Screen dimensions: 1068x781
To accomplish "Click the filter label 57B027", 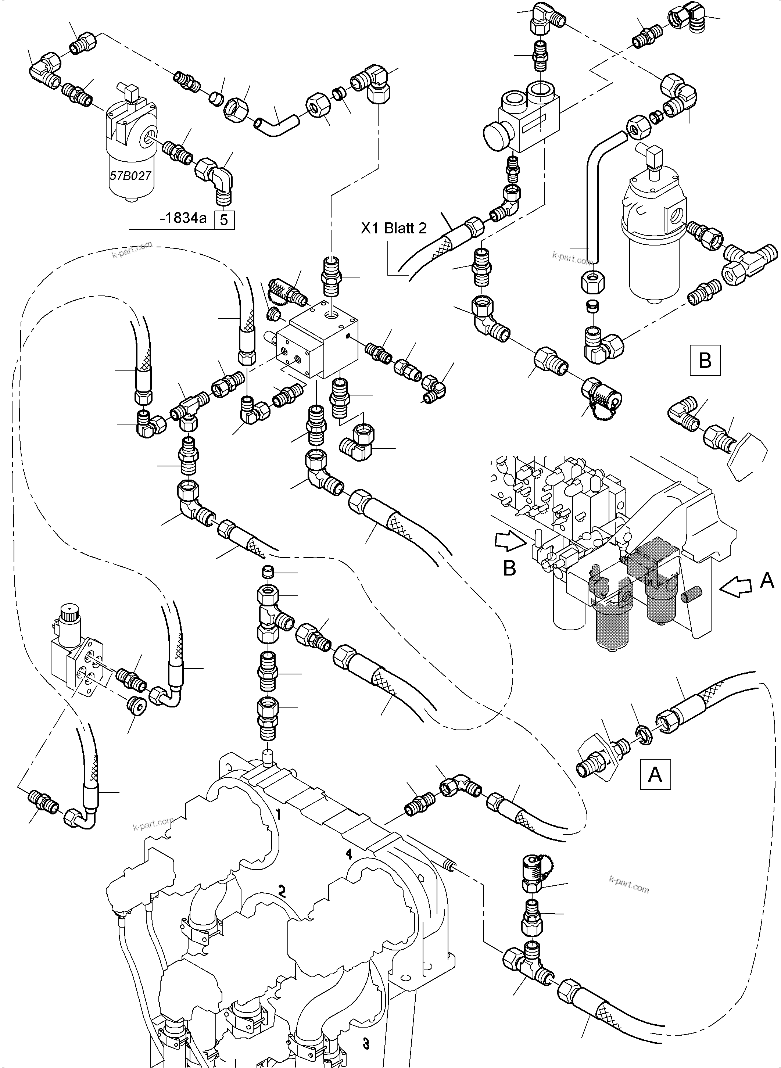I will [x=130, y=176].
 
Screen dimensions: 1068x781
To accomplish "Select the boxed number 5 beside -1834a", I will [x=225, y=220].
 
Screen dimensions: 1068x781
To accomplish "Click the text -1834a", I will [x=183, y=218].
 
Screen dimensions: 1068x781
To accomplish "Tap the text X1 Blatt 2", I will [x=394, y=228].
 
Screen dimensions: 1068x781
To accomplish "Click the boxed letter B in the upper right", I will [x=705, y=361].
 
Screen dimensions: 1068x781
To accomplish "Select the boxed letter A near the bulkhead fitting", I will [x=655, y=774].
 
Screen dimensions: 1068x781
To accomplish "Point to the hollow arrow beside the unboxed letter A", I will [x=737, y=588].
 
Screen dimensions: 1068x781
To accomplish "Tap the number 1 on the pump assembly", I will [x=279, y=814].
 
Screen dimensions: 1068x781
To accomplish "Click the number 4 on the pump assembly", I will [x=349, y=854].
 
